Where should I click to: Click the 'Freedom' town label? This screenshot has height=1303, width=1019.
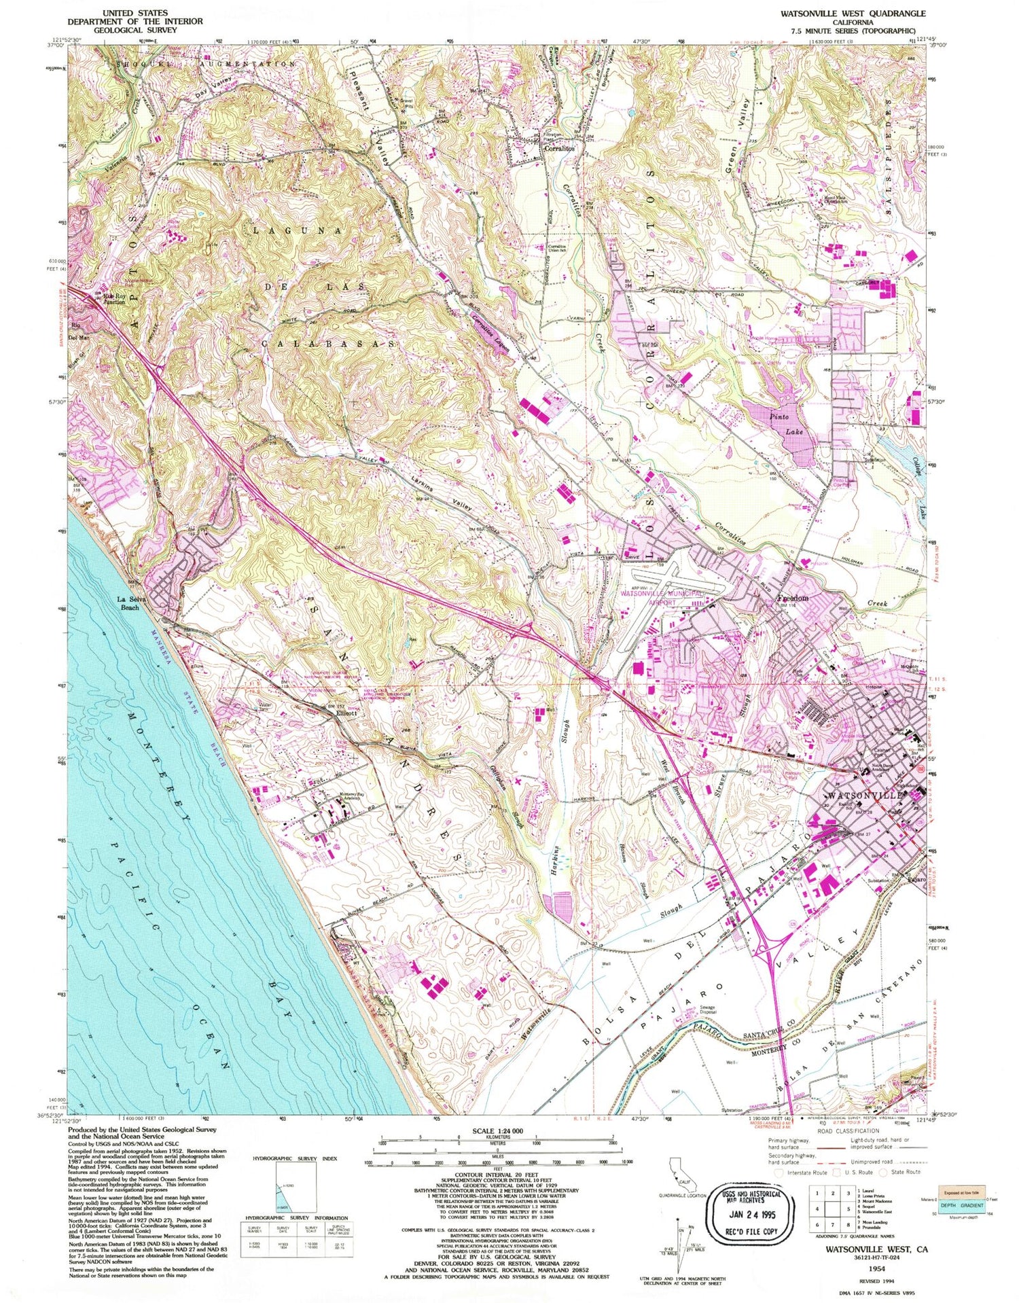(x=792, y=598)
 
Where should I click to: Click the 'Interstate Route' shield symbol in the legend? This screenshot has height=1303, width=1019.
(x=779, y=1172)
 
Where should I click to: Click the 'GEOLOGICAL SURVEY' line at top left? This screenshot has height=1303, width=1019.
(x=135, y=30)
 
